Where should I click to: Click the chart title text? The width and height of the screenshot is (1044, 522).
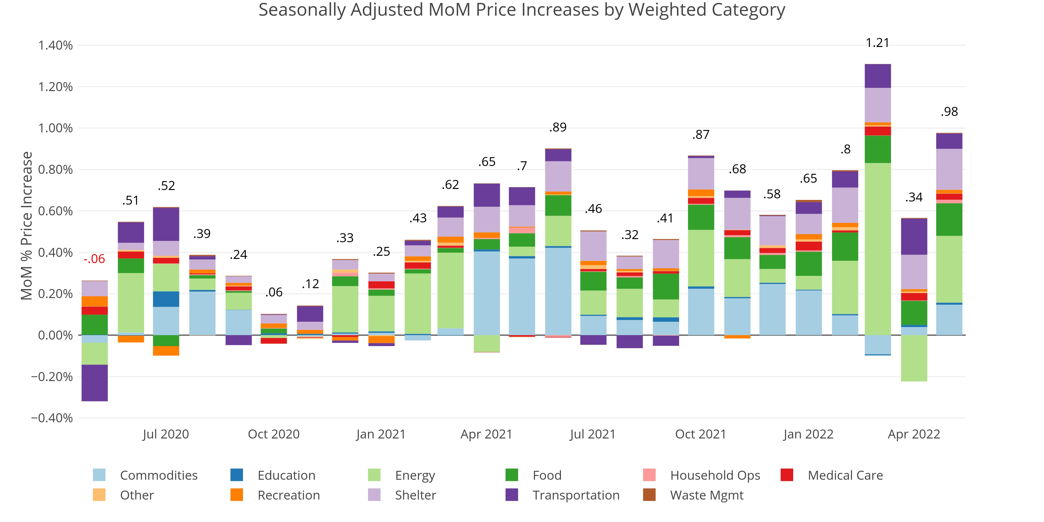click(x=521, y=10)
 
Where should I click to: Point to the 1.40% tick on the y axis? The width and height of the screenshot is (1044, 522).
click(x=56, y=45)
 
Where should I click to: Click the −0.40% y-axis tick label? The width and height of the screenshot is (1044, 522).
click(x=52, y=418)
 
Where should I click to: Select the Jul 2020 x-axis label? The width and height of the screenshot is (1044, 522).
click(x=166, y=434)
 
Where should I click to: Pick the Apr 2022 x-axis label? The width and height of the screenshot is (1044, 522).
click(x=913, y=434)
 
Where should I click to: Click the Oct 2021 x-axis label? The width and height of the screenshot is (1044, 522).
click(x=700, y=434)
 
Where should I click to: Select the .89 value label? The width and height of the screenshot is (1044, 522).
click(x=558, y=127)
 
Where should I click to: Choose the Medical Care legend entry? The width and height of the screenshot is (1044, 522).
click(x=845, y=475)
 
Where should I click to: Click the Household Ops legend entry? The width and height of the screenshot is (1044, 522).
click(x=715, y=475)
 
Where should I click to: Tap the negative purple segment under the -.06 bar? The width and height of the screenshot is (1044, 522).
click(x=94, y=383)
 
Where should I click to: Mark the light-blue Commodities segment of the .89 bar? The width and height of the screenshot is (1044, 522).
click(x=558, y=291)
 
